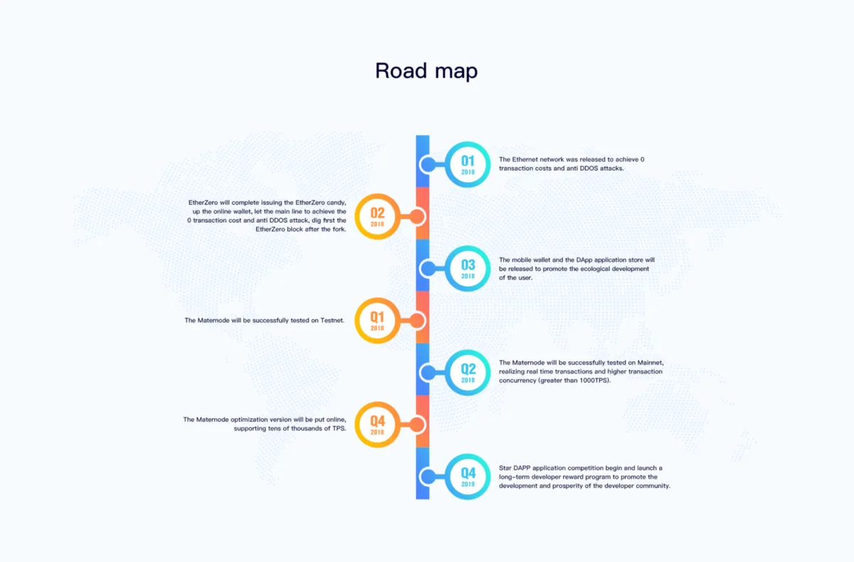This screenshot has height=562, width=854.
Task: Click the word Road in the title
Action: click(x=401, y=70)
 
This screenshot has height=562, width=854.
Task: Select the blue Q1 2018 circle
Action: click(x=468, y=143)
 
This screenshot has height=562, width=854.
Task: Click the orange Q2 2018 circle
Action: click(x=377, y=196)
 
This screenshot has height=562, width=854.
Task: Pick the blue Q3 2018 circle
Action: click(x=468, y=248)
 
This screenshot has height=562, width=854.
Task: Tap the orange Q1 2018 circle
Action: click(x=377, y=299)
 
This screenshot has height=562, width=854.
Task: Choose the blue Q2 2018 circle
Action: click(x=468, y=351)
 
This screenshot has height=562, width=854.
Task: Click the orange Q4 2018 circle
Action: click(x=377, y=403)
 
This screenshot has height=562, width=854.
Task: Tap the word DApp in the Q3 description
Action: click(x=584, y=260)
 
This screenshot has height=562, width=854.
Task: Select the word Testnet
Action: click(x=332, y=320)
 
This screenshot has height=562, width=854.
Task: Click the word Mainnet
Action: click(x=650, y=363)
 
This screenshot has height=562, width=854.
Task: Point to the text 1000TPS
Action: click(x=594, y=381)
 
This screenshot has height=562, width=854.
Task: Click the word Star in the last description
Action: click(x=505, y=468)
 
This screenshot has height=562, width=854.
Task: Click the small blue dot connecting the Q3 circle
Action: click(x=428, y=269)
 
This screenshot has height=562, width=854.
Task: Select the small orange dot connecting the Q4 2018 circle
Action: click(x=417, y=425)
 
